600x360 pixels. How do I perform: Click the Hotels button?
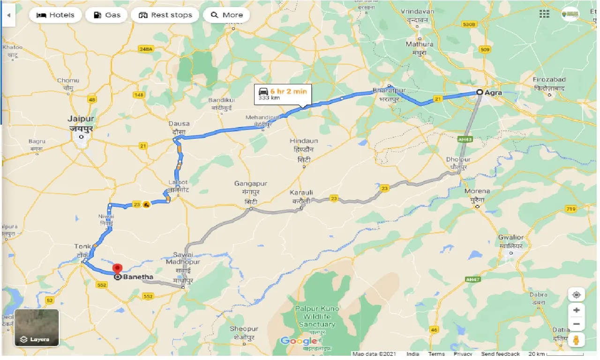point(55,15)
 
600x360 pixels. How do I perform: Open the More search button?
point(227,15)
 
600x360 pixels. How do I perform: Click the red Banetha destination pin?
point(117,270)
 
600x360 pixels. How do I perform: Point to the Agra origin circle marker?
point(480,92)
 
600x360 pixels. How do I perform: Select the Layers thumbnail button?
point(37,327)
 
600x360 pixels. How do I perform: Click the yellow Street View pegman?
point(576,339)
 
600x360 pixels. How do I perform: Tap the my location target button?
point(576,294)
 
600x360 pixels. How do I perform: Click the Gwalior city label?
point(511,237)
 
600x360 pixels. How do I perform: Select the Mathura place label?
point(420,44)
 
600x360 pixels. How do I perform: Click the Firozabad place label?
point(549,80)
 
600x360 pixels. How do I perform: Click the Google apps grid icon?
point(544,14)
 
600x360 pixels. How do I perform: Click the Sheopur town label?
point(244,329)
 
